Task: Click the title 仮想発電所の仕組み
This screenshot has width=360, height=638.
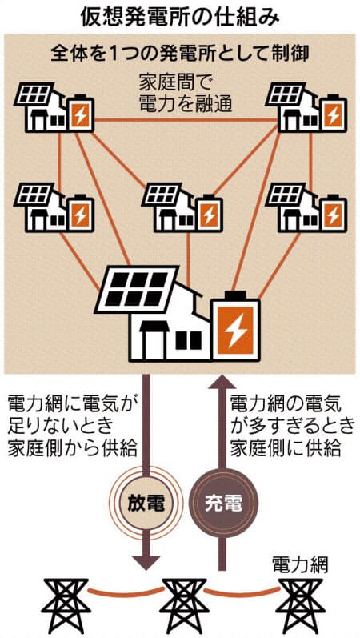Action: [x=179, y=16]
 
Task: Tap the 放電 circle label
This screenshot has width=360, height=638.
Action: [x=146, y=504]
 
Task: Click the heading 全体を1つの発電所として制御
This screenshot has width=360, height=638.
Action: [x=179, y=54]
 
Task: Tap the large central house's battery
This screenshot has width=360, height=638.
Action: [x=236, y=327]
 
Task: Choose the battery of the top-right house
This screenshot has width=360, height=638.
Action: [x=334, y=113]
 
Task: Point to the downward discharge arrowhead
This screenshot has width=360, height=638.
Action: [x=146, y=562]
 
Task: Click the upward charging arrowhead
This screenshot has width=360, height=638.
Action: [x=222, y=383]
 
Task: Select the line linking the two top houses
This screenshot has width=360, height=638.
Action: [x=186, y=120]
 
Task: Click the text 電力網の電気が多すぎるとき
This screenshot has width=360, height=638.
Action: [x=292, y=415]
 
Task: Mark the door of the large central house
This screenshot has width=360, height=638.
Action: [x=154, y=341]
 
